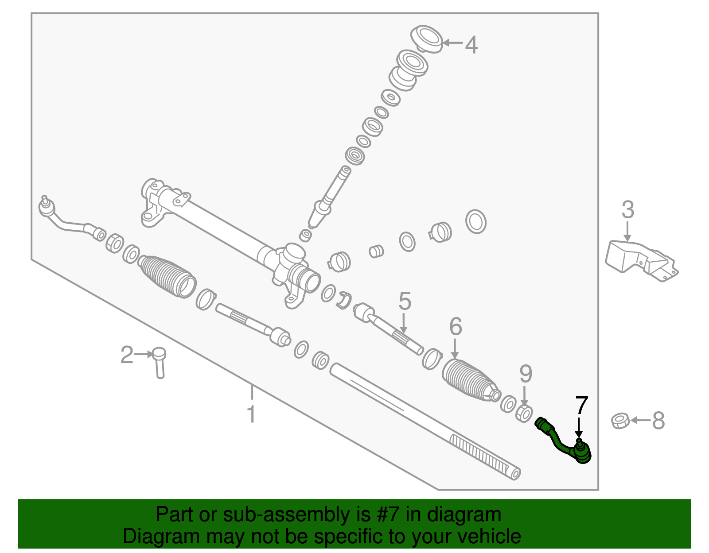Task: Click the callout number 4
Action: pos(471,45)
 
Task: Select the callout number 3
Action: pos(627,210)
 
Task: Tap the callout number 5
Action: pos(405,301)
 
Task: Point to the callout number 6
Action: pos(456,327)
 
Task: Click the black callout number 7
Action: pos(581,405)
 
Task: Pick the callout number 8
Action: pos(658,421)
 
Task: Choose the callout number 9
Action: pos(526,374)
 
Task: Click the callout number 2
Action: pos(127,355)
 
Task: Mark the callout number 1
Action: pos(251,414)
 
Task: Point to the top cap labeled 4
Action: pos(427,38)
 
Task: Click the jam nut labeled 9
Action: pos(524,414)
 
